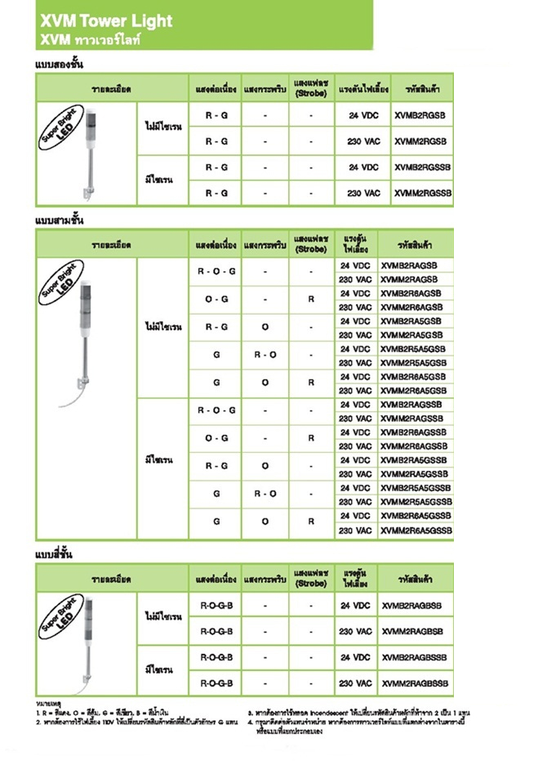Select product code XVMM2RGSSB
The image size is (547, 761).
click(422, 194)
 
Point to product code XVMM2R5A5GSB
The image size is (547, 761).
click(413, 363)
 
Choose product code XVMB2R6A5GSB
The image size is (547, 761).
click(413, 377)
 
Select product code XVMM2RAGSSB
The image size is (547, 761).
click(413, 419)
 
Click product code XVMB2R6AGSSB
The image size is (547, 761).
click(414, 432)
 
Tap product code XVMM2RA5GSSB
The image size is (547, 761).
click(414, 474)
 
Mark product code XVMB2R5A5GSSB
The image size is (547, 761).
click(416, 488)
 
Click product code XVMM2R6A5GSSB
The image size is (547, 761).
click(416, 530)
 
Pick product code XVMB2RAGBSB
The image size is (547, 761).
click(411, 606)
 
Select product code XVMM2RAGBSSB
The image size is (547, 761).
click(415, 683)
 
